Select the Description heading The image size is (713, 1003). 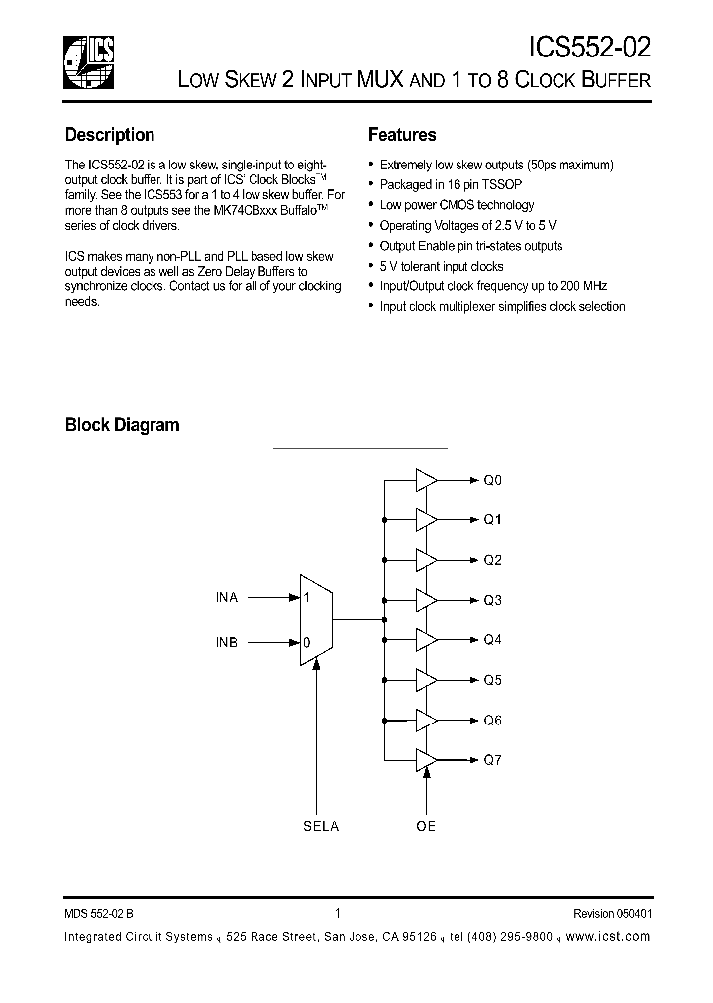(109, 135)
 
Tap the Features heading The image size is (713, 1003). (402, 135)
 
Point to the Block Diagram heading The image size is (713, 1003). (122, 425)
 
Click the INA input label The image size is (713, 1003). (227, 598)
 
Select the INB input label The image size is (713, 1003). (227, 641)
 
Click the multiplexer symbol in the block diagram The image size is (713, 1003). (316, 619)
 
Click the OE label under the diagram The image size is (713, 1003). (426, 827)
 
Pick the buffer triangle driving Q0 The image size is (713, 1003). (426, 480)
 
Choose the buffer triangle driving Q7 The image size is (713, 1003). (426, 760)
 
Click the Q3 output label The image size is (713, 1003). (492, 600)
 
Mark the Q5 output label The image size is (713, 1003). (492, 680)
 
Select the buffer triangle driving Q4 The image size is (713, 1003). (426, 640)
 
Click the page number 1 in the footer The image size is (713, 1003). (338, 915)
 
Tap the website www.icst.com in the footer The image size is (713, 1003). (611, 937)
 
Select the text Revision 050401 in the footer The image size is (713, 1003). (611, 915)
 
